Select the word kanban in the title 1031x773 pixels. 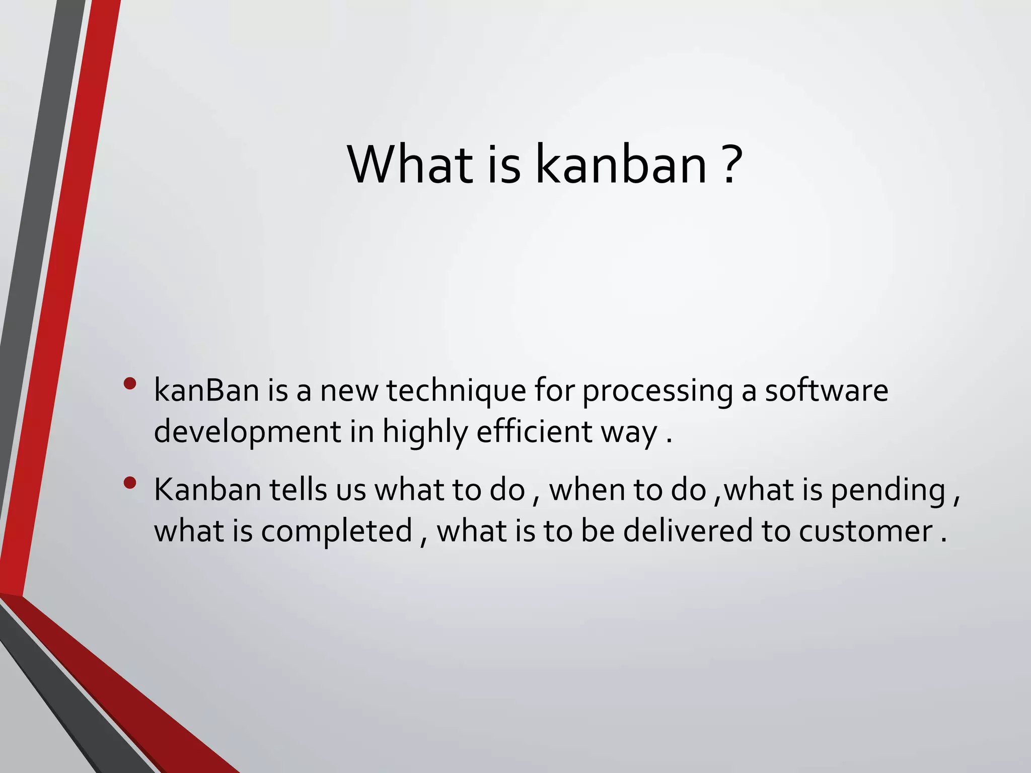[x=621, y=165]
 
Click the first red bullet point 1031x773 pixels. [x=130, y=384]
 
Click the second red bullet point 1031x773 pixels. [x=130, y=483]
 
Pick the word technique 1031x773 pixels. [x=456, y=391]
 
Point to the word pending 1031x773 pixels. [x=888, y=491]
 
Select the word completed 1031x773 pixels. [x=337, y=531]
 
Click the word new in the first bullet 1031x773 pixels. [x=349, y=391]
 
